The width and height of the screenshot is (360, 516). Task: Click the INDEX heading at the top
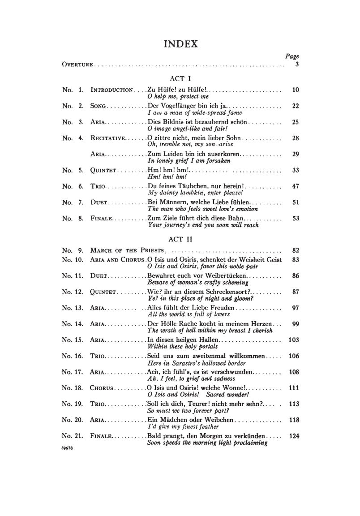180,44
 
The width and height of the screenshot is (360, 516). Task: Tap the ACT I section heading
180,78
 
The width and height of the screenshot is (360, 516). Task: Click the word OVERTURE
77,65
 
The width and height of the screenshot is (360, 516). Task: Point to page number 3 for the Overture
296,65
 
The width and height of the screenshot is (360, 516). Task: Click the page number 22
295,106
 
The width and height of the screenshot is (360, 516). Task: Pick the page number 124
294,435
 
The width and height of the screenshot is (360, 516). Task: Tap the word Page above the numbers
292,56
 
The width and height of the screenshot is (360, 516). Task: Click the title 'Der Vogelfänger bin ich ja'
188,106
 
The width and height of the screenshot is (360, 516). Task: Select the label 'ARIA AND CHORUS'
117,260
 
